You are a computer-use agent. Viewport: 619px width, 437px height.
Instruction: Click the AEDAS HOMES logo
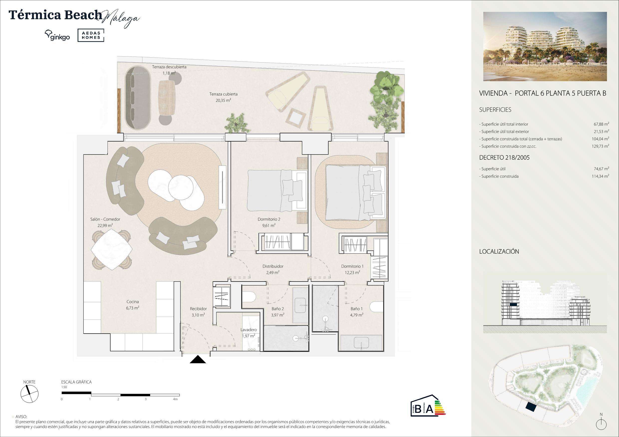tap(91, 36)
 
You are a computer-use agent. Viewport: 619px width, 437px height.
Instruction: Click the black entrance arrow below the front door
tap(198, 360)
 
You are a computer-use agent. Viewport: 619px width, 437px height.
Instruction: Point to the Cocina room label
tap(132, 302)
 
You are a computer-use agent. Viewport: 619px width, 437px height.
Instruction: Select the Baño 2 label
tap(278, 309)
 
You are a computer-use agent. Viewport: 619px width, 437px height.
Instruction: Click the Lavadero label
tap(248, 330)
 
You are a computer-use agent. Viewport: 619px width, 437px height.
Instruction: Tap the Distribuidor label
tap(273, 266)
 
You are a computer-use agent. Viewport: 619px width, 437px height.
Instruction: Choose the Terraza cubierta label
tap(224, 94)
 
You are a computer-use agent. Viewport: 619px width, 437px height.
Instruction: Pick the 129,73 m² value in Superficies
tap(601, 146)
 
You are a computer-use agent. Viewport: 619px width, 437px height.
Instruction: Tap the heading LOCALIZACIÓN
tap(499, 251)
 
